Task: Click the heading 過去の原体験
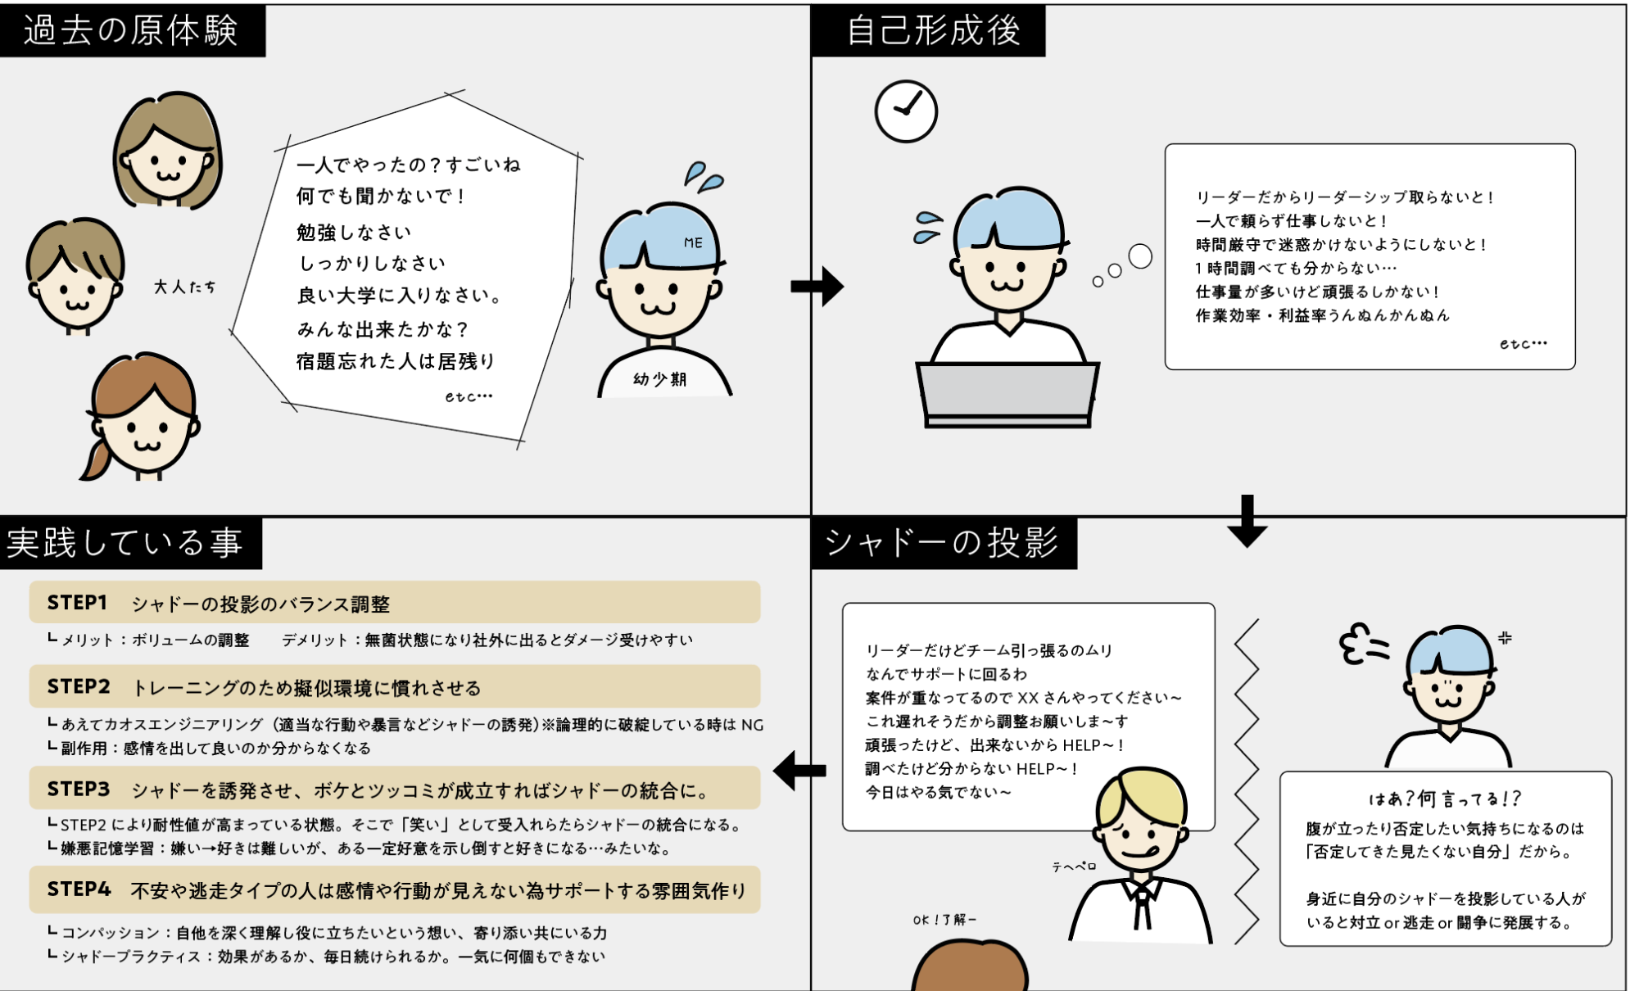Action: (x=131, y=31)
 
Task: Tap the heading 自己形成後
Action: (x=933, y=31)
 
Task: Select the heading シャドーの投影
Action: (x=942, y=543)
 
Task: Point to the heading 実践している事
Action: (x=125, y=543)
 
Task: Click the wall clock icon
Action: (x=906, y=111)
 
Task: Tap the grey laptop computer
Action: (x=1007, y=393)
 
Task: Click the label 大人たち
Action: (x=185, y=287)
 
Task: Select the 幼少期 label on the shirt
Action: (x=660, y=379)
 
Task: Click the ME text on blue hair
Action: (x=693, y=243)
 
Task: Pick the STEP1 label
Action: (x=77, y=603)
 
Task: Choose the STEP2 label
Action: (x=79, y=686)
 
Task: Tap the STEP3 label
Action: (x=79, y=789)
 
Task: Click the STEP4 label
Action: (x=79, y=889)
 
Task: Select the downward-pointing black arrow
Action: (x=1247, y=521)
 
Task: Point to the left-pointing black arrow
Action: (x=799, y=770)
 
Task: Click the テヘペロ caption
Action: (x=1074, y=867)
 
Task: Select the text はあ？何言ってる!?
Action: (x=1445, y=799)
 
